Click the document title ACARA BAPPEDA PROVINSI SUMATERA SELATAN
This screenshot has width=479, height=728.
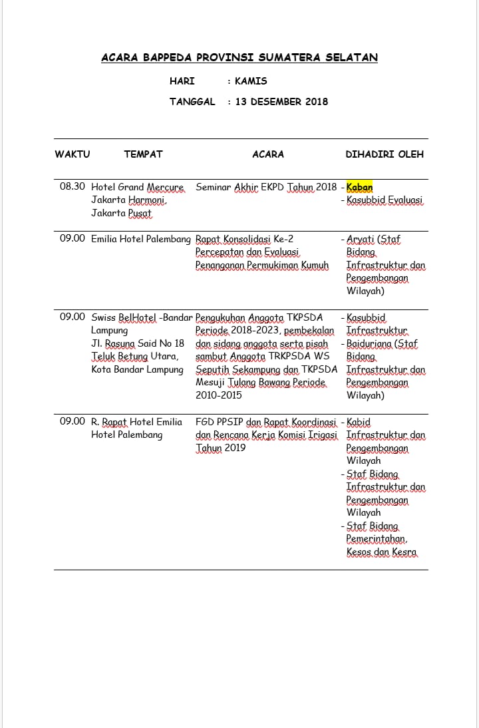[x=239, y=58]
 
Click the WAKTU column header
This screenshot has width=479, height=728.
[x=72, y=154]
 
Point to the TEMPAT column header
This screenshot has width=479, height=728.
[x=143, y=154]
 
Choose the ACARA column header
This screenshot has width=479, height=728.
[x=268, y=154]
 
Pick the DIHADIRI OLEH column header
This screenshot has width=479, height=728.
[x=385, y=154]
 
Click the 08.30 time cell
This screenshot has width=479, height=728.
[x=72, y=187]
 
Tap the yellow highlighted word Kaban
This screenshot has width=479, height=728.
[x=360, y=188]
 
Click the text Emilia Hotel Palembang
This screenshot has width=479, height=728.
[x=141, y=239]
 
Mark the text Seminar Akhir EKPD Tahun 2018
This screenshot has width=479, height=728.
[x=266, y=188]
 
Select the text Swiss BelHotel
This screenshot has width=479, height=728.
[x=124, y=317]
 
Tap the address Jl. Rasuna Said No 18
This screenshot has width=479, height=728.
[x=138, y=343]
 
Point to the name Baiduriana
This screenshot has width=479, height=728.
[x=370, y=344]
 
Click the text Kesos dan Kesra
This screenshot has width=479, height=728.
[x=381, y=552]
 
